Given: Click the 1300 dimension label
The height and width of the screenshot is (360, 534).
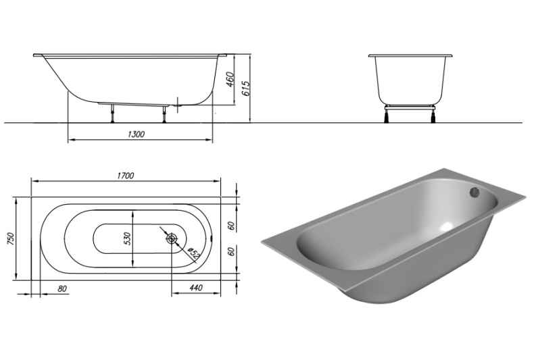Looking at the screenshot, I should pyautogui.click(x=136, y=134).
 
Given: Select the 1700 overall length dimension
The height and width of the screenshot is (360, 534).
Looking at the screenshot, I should pyautogui.click(x=126, y=176).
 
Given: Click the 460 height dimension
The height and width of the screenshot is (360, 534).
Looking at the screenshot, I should pyautogui.click(x=230, y=80).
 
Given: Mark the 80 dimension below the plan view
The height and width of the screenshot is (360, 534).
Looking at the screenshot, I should pyautogui.click(x=62, y=288).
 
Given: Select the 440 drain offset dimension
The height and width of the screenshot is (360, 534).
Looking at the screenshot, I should pyautogui.click(x=196, y=288).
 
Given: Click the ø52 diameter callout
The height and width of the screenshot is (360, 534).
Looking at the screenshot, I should pyautogui.click(x=192, y=253).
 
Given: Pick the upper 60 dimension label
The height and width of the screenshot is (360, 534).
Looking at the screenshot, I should pyautogui.click(x=231, y=226).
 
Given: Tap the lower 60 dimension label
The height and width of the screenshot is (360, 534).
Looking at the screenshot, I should pyautogui.click(x=231, y=252).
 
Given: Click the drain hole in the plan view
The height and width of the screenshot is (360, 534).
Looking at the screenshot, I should pyautogui.click(x=172, y=238).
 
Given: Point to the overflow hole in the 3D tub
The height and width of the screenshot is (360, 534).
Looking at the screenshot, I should pyautogui.click(x=475, y=192).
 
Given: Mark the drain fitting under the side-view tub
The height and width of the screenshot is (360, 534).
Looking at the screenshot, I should pyautogui.click(x=177, y=105).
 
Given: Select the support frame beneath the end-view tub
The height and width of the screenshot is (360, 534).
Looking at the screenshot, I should pyautogui.click(x=410, y=105).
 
